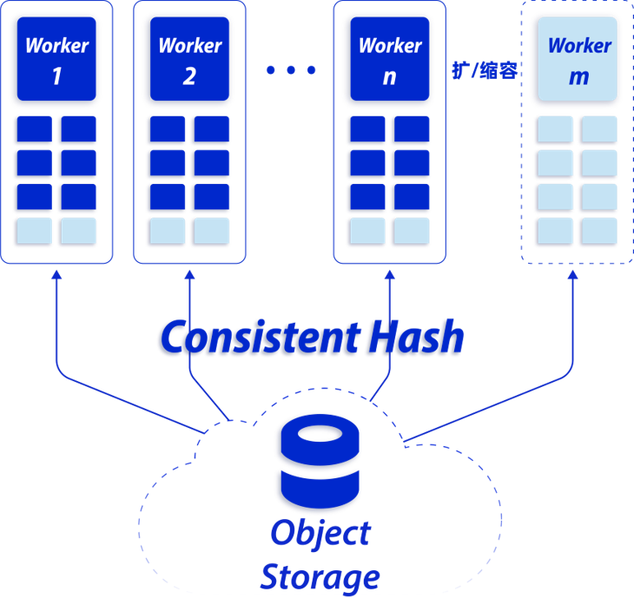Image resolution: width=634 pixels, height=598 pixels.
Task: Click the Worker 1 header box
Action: (x=56, y=60)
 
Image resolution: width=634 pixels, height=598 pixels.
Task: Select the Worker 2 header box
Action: (x=189, y=60)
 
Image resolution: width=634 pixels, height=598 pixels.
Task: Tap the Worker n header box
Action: (x=389, y=60)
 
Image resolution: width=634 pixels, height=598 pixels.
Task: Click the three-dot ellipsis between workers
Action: (x=290, y=70)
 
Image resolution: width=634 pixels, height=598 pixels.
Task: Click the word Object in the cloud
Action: (x=320, y=533)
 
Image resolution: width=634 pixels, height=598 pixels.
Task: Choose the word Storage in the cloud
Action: (x=320, y=575)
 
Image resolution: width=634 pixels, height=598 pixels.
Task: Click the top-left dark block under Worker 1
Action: (x=34, y=130)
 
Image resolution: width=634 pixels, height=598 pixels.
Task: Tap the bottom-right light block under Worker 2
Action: (x=211, y=231)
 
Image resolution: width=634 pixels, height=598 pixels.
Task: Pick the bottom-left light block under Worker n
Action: (x=367, y=231)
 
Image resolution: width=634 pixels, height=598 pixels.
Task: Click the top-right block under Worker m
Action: (x=599, y=130)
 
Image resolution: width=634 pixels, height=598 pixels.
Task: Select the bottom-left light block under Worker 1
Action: (x=34, y=231)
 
